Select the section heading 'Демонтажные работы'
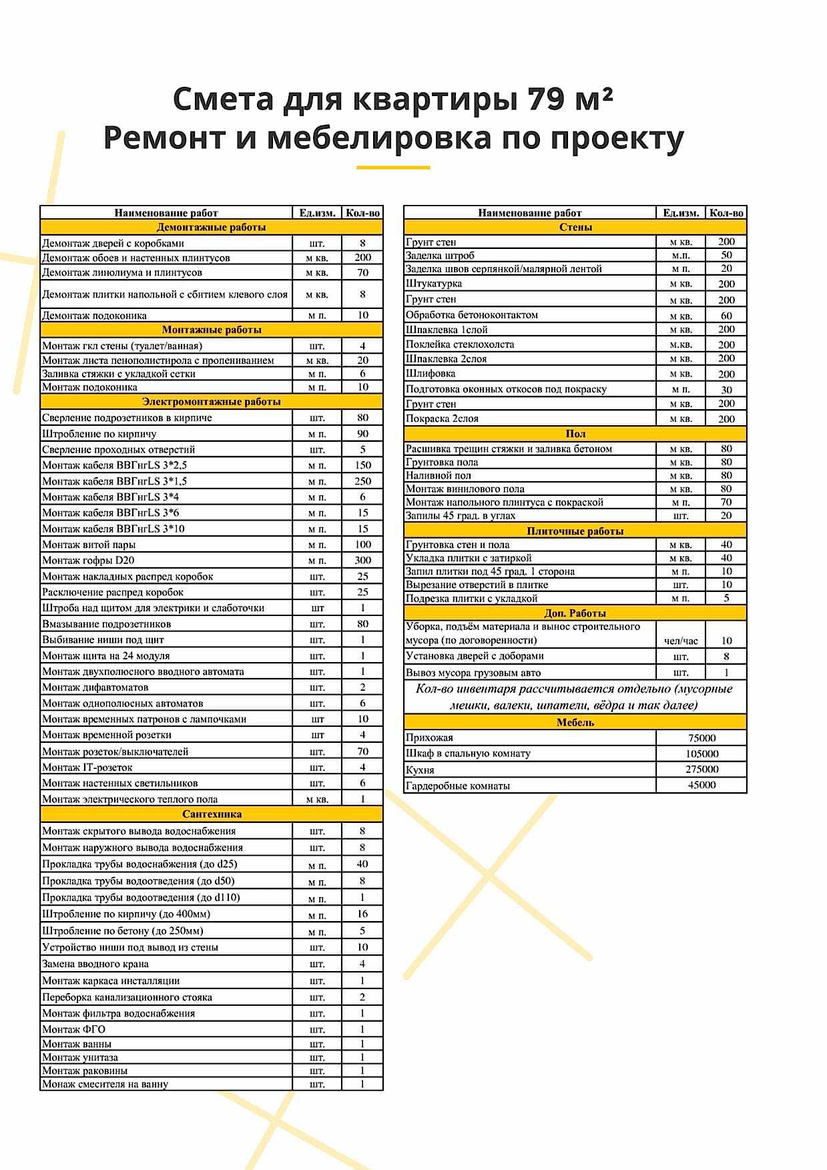[x=211, y=228]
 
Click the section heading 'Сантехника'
[x=212, y=814]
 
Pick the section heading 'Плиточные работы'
[x=575, y=531]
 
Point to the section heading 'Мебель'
[x=575, y=722]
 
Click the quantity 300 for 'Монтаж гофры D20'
[x=362, y=561]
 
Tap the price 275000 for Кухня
[x=702, y=770]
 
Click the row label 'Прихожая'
[x=429, y=738]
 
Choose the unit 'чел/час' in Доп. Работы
[x=681, y=641]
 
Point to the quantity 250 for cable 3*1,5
[x=362, y=481]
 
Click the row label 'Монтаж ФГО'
[x=73, y=1029]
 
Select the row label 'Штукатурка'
[x=433, y=284]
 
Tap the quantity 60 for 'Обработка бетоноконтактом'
[x=726, y=316]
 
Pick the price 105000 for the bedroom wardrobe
[x=702, y=754]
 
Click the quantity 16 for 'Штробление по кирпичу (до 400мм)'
[x=362, y=914]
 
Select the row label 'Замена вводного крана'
[x=95, y=964]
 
